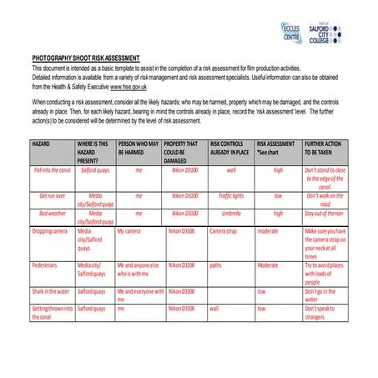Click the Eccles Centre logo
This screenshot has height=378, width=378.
[291, 33]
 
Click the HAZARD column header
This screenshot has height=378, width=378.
[42, 144]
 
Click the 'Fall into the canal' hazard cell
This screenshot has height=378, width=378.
[53, 169]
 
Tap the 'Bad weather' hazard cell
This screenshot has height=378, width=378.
[53, 213]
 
